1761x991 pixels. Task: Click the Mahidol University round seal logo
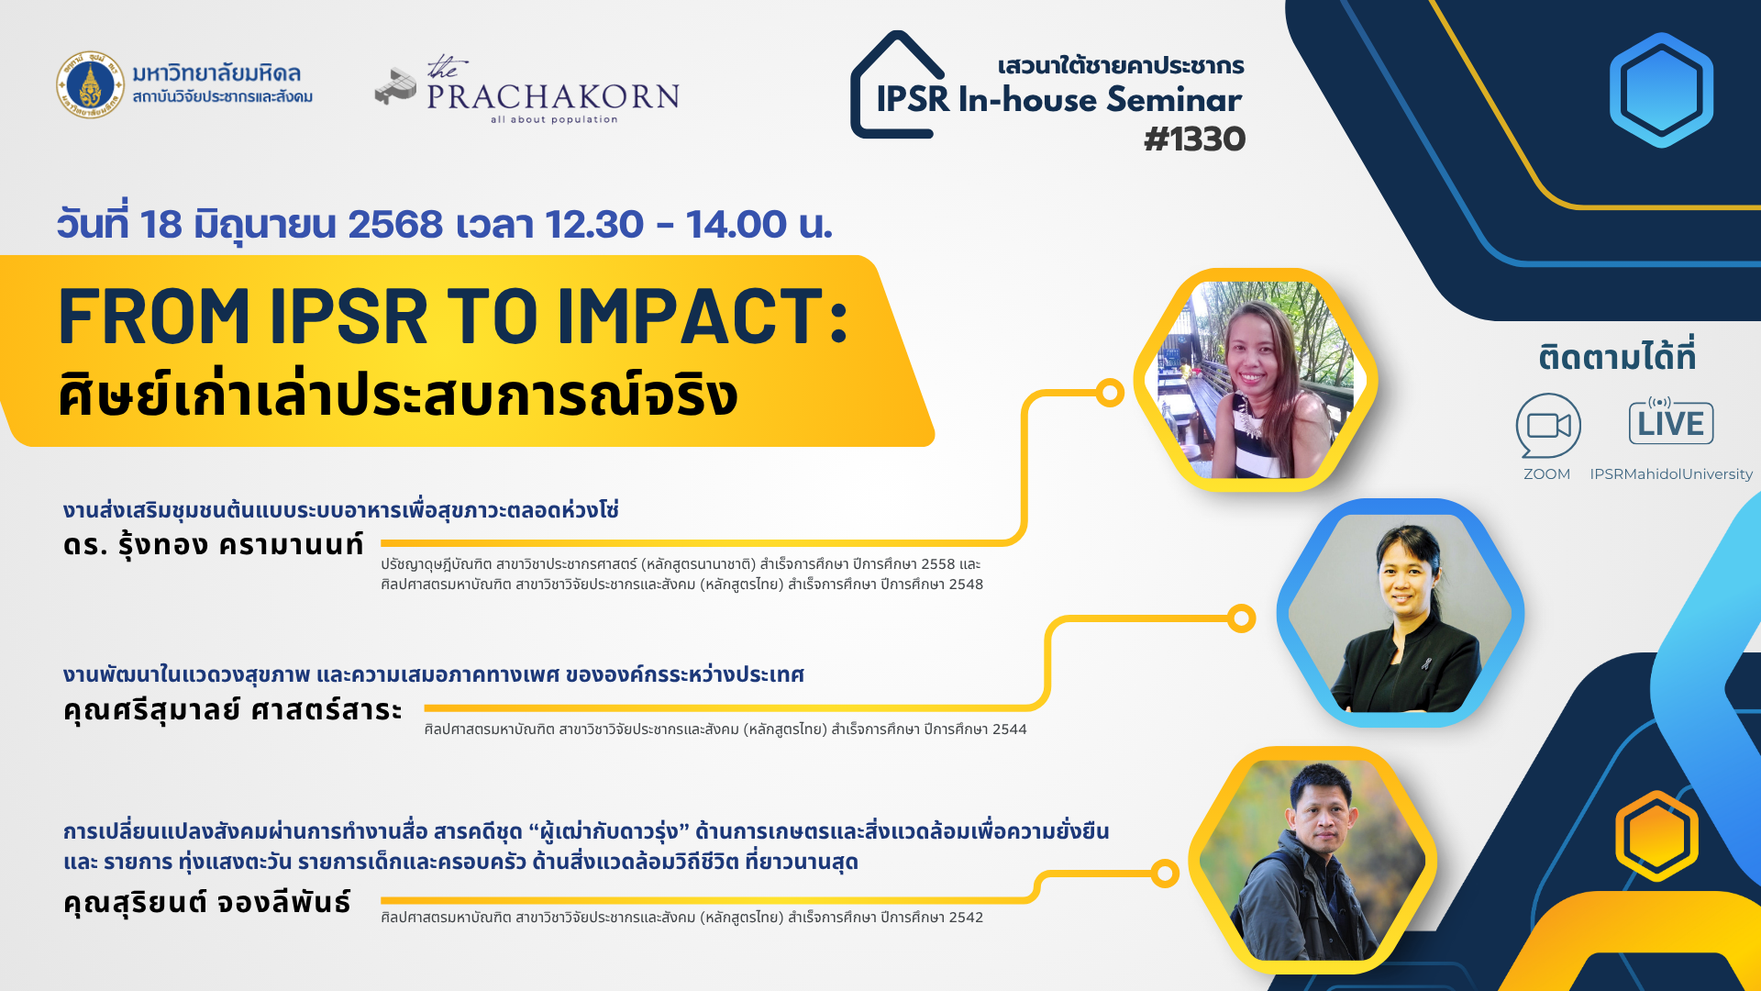(x=90, y=84)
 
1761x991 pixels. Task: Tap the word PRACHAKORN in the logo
(x=553, y=96)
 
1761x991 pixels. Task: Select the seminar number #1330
(x=1194, y=139)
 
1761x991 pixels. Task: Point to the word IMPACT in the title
(x=702, y=317)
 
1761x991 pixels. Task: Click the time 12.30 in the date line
(x=594, y=225)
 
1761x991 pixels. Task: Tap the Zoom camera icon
(x=1548, y=425)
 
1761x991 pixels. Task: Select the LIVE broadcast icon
(x=1671, y=421)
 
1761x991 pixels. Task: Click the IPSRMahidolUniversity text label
(x=1671, y=474)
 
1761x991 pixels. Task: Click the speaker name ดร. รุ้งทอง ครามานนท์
(x=214, y=544)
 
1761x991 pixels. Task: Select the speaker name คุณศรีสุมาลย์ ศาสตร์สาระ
(x=233, y=709)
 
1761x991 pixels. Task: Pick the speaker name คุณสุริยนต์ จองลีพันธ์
(x=207, y=902)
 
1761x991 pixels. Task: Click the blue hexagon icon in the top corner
(x=1661, y=90)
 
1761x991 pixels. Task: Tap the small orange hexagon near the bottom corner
(x=1656, y=836)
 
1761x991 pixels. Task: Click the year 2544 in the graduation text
(x=1009, y=729)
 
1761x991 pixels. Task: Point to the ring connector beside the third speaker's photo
(x=1165, y=874)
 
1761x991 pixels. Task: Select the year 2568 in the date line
(x=395, y=225)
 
